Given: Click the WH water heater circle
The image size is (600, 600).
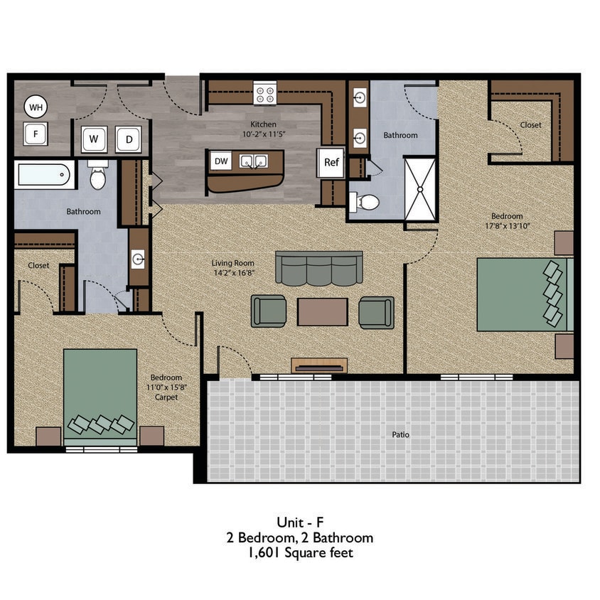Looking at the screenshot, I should point(35,108).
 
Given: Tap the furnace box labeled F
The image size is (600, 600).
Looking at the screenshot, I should point(35,133).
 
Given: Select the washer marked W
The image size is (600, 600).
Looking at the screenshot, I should point(93,139).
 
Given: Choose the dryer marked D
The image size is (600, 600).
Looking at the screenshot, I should point(129,139).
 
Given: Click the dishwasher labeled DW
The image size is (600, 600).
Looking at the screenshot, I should point(222,161).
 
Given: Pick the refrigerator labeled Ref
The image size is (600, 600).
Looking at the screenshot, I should point(331,162).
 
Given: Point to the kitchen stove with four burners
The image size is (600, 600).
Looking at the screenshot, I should point(265,92).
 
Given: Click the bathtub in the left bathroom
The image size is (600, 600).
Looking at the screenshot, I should point(44,175).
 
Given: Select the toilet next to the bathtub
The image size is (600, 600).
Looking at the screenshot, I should point(98,176).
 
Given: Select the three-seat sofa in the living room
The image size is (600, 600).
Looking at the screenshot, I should point(318,269).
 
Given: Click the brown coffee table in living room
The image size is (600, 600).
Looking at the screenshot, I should point(322,311).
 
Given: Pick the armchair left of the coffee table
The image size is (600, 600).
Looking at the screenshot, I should point(269,311).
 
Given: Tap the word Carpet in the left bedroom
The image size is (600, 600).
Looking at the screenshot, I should point(166,397).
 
